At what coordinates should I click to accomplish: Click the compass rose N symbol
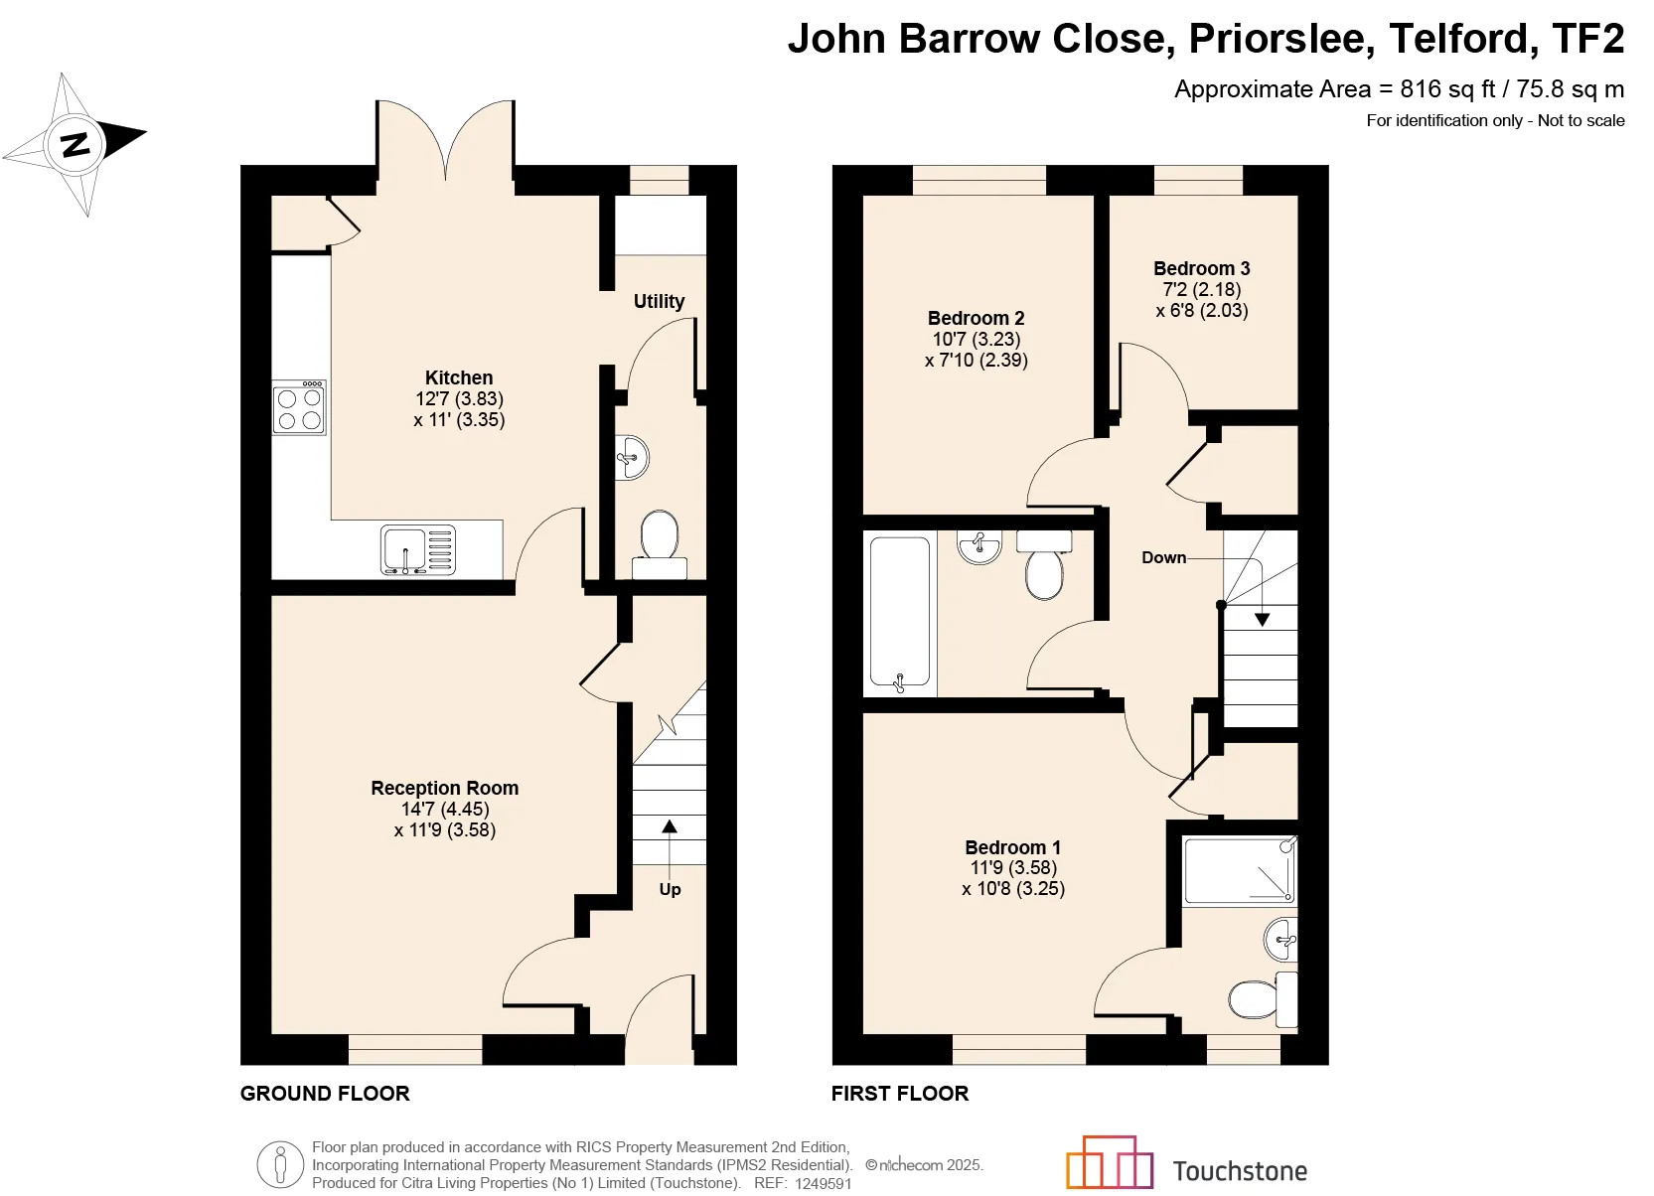click(x=75, y=144)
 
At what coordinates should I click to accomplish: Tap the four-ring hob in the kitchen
click(x=299, y=407)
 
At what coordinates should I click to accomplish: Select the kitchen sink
click(x=418, y=549)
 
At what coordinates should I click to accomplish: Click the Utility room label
click(x=659, y=301)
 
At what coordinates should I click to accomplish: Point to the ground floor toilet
click(x=660, y=544)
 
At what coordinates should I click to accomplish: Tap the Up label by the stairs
click(x=670, y=890)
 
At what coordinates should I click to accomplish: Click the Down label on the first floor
click(x=1163, y=557)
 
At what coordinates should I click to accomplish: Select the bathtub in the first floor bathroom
click(x=899, y=614)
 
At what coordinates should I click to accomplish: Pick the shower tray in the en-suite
click(x=1240, y=870)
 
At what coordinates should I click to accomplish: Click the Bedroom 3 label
click(x=1201, y=269)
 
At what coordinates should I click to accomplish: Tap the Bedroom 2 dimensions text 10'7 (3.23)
click(x=977, y=340)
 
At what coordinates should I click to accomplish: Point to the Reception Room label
click(x=444, y=789)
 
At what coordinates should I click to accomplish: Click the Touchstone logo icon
click(x=1109, y=1162)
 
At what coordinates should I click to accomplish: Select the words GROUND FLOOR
click(x=325, y=1094)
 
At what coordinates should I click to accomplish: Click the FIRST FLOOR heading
click(x=900, y=1094)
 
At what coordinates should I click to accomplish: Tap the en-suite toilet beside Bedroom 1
click(x=1264, y=999)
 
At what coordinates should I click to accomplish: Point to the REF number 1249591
click(x=824, y=1183)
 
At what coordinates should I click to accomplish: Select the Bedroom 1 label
click(x=1013, y=847)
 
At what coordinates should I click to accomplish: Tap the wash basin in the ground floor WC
click(x=632, y=458)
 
